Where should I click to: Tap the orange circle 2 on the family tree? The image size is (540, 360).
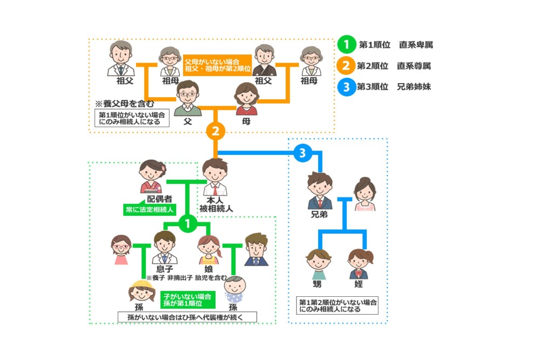[215, 132]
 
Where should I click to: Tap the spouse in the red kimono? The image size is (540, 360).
[152, 176]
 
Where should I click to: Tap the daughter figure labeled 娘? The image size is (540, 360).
[208, 249]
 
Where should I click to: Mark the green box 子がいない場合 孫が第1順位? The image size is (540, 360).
[186, 300]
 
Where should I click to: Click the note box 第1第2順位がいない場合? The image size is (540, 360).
[338, 305]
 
